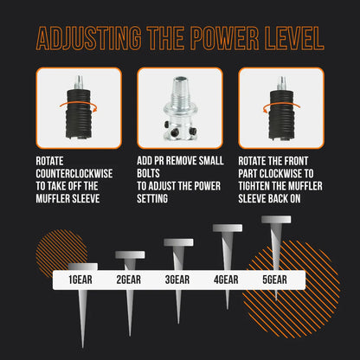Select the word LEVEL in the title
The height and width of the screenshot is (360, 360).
(x=293, y=39)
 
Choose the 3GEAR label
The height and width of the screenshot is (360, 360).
(x=179, y=280)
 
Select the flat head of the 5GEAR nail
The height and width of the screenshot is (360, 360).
(x=276, y=220)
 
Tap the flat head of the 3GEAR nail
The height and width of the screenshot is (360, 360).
(x=179, y=241)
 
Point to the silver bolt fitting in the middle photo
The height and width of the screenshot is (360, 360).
(x=179, y=107)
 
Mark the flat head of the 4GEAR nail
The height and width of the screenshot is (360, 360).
(x=228, y=228)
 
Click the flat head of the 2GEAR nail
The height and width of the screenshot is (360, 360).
(x=130, y=254)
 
